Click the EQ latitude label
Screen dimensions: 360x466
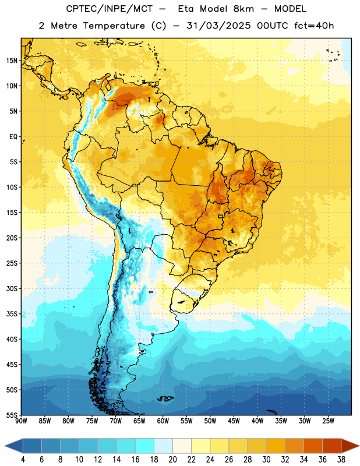[13, 137]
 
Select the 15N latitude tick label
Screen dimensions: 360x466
[12, 61]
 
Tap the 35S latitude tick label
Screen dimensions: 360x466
[12, 314]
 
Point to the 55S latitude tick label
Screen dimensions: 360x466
[12, 415]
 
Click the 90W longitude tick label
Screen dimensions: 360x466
[21, 421]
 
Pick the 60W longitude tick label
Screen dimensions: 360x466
[163, 421]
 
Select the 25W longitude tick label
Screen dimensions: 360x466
[328, 421]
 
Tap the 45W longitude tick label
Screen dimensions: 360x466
[234, 421]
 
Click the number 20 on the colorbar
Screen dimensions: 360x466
[172, 460]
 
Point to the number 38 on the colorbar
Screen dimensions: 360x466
[341, 460]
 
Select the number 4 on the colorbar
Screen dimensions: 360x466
[23, 460]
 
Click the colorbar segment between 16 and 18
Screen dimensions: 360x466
[145, 446]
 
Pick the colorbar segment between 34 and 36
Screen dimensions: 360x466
[313, 446]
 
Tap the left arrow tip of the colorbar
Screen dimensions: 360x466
[5, 446]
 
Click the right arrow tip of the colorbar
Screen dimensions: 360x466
[359, 446]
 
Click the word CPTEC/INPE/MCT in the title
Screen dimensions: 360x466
[109, 9]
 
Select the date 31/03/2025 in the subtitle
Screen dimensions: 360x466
[218, 26]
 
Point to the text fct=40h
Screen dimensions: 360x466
[314, 26]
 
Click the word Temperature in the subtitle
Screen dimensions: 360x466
[114, 26]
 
